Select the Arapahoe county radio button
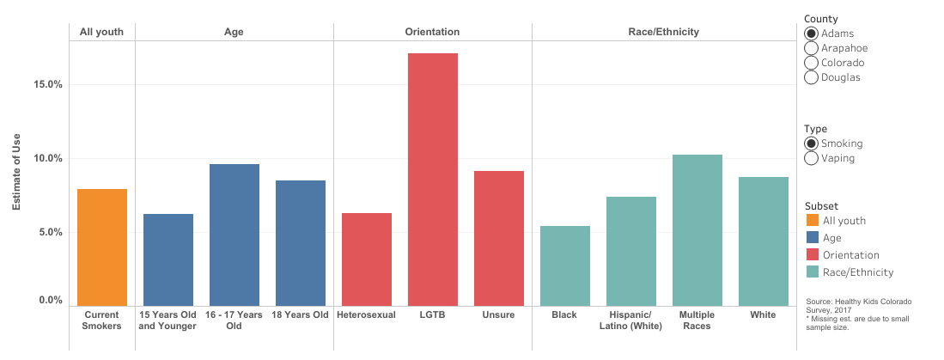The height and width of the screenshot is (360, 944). click(x=811, y=48)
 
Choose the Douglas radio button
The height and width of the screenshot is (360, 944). click(x=811, y=77)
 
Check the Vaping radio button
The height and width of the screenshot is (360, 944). click(x=811, y=158)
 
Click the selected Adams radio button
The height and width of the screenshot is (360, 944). click(x=811, y=34)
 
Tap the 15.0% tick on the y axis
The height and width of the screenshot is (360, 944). click(x=47, y=85)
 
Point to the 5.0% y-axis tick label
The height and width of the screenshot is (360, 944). click(x=50, y=233)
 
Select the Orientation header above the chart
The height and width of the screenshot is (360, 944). click(x=432, y=32)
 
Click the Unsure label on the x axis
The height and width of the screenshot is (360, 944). click(x=498, y=315)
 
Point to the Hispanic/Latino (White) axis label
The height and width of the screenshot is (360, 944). click(x=631, y=320)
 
